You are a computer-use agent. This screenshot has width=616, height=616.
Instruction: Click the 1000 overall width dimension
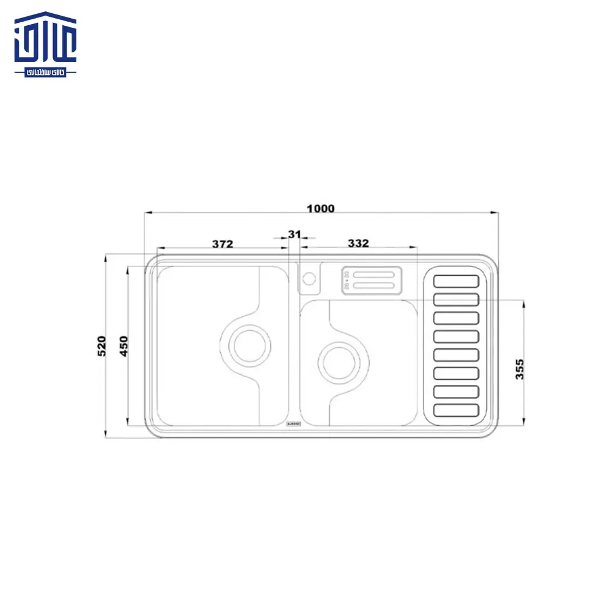click(320, 209)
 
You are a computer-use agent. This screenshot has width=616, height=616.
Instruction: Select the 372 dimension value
click(222, 244)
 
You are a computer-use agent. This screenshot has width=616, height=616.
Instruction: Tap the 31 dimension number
click(294, 234)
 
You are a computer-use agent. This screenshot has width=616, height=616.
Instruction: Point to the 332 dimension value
click(358, 243)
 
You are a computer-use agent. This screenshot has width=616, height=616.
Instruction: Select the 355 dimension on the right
click(520, 369)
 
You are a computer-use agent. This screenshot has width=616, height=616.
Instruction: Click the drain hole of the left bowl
click(248, 345)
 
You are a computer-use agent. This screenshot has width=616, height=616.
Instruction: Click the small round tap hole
click(309, 279)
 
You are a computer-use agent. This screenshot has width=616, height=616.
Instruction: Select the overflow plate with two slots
click(372, 280)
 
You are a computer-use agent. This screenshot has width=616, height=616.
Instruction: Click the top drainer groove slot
click(456, 281)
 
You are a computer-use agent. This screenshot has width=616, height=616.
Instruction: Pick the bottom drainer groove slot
click(456, 410)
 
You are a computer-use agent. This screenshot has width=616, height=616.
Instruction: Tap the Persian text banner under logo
click(46, 71)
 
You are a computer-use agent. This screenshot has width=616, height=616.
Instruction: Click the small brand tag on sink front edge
click(294, 423)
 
